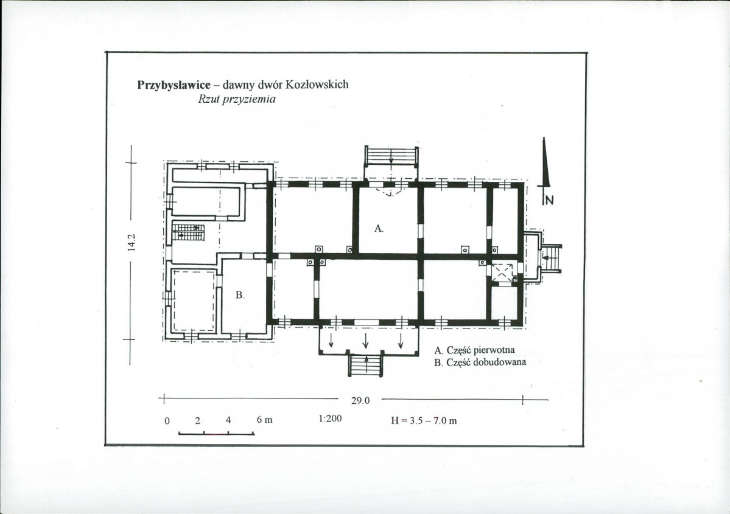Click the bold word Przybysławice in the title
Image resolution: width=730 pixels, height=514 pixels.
pyautogui.click(x=174, y=85)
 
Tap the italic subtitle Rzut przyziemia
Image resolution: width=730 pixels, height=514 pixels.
pyautogui.click(x=236, y=99)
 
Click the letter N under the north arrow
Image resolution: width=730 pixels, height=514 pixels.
pyautogui.click(x=549, y=200)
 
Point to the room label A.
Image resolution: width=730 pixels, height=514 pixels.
pyautogui.click(x=379, y=228)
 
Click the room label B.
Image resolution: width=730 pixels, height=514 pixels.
pyautogui.click(x=240, y=295)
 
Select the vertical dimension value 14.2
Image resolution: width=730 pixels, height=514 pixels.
pyautogui.click(x=132, y=242)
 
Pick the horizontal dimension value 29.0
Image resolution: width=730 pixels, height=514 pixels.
pyautogui.click(x=360, y=400)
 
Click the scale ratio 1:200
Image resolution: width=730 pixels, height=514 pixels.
pyautogui.click(x=330, y=418)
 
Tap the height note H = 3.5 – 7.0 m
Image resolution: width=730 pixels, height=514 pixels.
pyautogui.click(x=424, y=420)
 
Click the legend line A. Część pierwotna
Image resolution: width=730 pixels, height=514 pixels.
pyautogui.click(x=474, y=350)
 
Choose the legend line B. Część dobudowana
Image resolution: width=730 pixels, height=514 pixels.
pyautogui.click(x=480, y=363)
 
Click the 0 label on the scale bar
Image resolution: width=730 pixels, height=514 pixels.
pyautogui.click(x=167, y=420)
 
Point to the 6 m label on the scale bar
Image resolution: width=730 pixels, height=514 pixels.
pyautogui.click(x=264, y=420)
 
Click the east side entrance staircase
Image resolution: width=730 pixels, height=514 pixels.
pyautogui.click(x=551, y=258)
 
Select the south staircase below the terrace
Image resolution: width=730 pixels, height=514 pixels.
pyautogui.click(x=367, y=364)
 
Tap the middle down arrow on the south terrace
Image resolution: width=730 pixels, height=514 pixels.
pyautogui.click(x=365, y=341)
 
